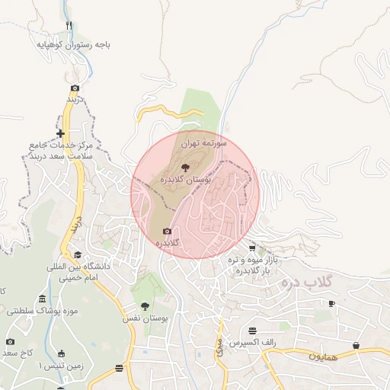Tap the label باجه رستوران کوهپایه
coord(74,45)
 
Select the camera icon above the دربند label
coord(75,88)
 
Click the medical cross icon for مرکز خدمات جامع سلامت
coord(60,133)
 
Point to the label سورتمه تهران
coord(205,143)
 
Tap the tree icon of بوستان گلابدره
coord(186,166)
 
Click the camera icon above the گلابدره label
coord(167,232)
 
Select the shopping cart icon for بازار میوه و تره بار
coord(252,248)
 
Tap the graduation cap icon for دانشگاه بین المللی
coord(77,255)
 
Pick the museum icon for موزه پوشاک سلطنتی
coord(41,299)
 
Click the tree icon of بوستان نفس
coord(145,305)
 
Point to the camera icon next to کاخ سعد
coord(10,342)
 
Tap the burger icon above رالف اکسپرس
coord(252,331)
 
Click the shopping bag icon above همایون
coord(356,345)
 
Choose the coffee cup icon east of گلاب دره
coord(331,303)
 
